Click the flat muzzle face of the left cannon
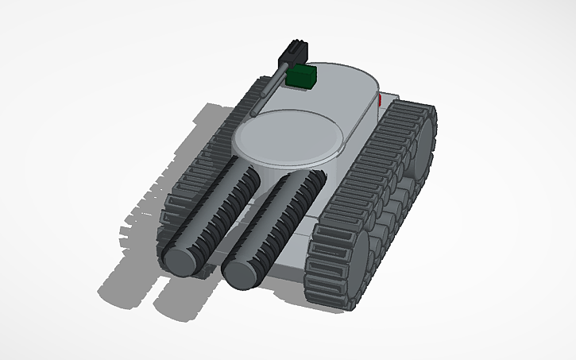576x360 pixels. click(181, 259)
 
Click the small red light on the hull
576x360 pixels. click(381, 101)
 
